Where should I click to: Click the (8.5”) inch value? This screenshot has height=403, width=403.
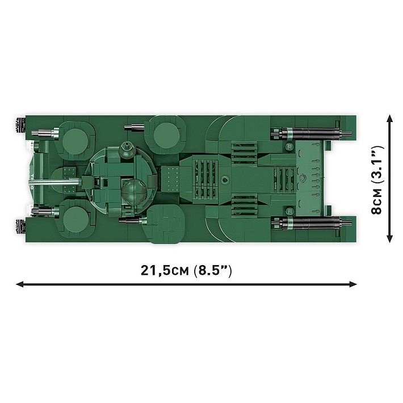pos(212,270)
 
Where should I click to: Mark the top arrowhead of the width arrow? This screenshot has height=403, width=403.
pos(389,118)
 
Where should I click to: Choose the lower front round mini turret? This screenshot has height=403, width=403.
pos(74,218)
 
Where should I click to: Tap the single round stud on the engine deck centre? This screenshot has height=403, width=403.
pos(225,180)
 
